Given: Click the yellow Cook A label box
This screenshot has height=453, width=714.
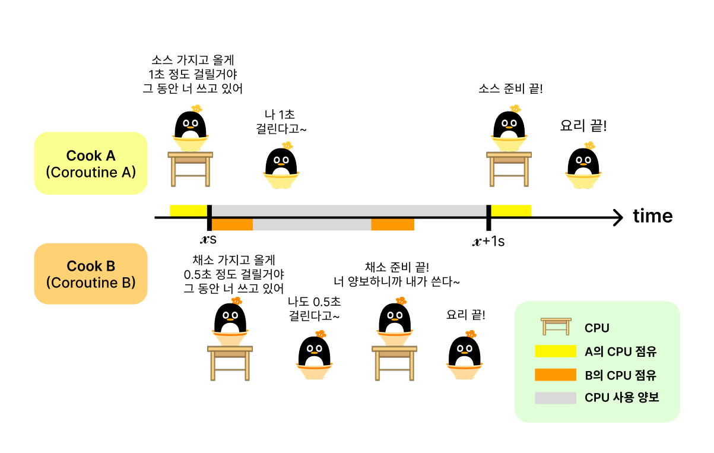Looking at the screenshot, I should coord(90,163).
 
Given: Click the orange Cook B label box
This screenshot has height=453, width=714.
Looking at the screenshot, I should coord(90,274).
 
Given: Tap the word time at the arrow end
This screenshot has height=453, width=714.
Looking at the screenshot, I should coord(652,216).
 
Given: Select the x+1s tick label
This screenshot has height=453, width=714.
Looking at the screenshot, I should coord(488,242).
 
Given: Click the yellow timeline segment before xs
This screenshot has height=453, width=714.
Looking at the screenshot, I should coord(188,210).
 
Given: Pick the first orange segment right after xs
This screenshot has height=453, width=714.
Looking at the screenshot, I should coord(232,224).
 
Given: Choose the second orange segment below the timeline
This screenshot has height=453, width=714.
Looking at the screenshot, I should coord(392,224).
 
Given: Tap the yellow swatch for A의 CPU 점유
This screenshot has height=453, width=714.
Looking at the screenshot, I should coord(555,351).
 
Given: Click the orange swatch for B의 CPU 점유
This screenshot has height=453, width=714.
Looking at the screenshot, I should coord(555,375).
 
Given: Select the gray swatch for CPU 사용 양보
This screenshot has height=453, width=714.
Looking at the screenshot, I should coord(555,398).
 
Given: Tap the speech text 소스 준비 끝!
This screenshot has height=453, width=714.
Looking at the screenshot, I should coord(510,89).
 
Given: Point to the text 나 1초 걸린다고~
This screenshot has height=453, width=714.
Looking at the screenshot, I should coord(283,121).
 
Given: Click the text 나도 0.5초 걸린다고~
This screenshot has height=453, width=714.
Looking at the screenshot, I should coord(314,309).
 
